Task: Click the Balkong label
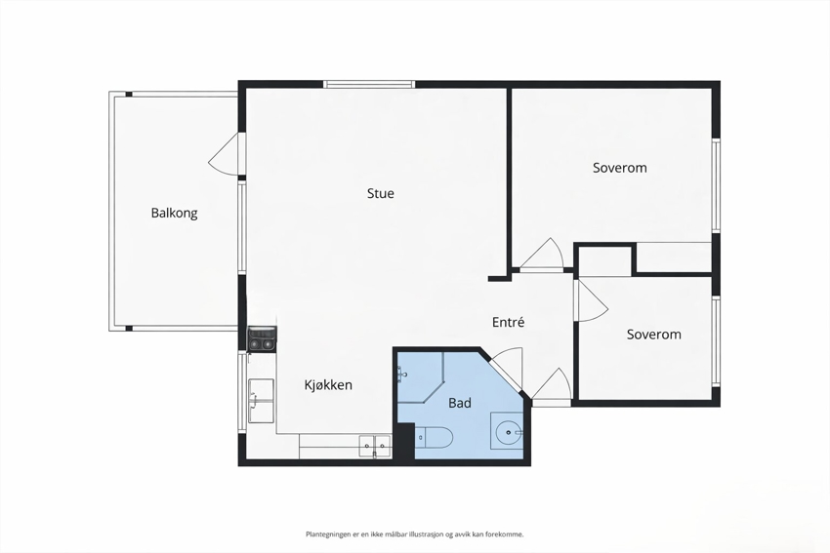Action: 174,213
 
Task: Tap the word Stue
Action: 381,193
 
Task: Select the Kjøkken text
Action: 328,385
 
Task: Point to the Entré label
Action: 508,322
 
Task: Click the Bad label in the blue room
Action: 460,403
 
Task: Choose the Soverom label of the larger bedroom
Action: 620,168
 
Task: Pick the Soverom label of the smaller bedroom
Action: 653,335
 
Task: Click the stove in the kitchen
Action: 262,338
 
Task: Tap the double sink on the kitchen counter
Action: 375,447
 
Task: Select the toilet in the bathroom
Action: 435,437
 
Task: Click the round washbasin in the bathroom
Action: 508,432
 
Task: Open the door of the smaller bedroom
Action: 592,299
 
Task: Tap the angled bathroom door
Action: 507,369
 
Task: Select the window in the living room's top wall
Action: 369,84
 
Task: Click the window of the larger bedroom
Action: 716,185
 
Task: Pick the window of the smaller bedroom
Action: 716,341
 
